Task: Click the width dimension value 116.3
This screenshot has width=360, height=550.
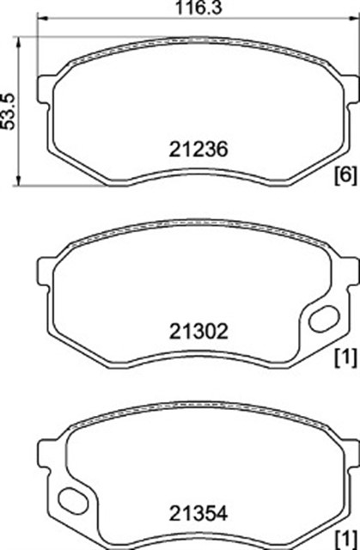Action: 198,8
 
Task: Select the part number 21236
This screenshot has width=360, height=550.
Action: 198,150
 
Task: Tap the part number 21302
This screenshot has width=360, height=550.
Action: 198,332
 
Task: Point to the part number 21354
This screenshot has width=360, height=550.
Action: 198,514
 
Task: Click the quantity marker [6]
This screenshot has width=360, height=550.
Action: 346,174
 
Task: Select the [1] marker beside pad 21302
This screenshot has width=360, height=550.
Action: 346,357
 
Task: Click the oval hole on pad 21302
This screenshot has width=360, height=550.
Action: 324,319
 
